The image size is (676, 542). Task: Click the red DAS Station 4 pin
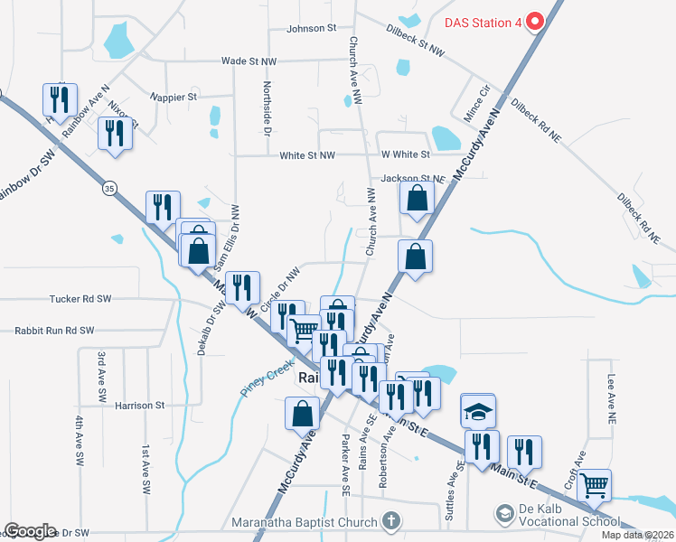pos(534,21)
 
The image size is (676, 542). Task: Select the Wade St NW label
pos(248,61)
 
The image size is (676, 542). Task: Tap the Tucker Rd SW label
pos(79,298)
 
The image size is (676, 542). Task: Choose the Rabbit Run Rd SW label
pos(54,331)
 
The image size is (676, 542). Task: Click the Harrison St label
pos(140,406)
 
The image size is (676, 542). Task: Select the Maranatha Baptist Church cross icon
pos(390,520)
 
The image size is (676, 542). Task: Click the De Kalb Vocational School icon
pos(503,515)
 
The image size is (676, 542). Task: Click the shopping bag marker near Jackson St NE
pos(416,199)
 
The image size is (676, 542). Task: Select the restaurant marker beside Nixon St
pos(113,134)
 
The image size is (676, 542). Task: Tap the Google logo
pos(30,531)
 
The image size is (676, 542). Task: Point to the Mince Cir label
pos(476,100)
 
